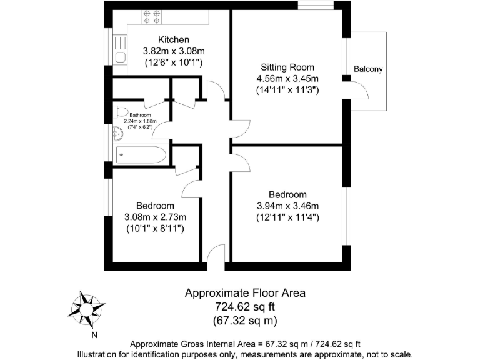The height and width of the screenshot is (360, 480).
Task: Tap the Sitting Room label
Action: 287,67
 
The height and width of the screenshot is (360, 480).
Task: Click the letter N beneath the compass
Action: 94,334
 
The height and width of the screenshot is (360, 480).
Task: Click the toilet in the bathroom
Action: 118,113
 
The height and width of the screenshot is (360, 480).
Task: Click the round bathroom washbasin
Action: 116,133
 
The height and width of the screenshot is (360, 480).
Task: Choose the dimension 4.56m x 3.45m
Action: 287,79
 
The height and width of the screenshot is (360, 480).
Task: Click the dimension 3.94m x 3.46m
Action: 287,206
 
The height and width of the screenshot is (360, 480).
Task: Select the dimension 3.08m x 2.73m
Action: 155,217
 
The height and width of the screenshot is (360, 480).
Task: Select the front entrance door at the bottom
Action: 216,256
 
